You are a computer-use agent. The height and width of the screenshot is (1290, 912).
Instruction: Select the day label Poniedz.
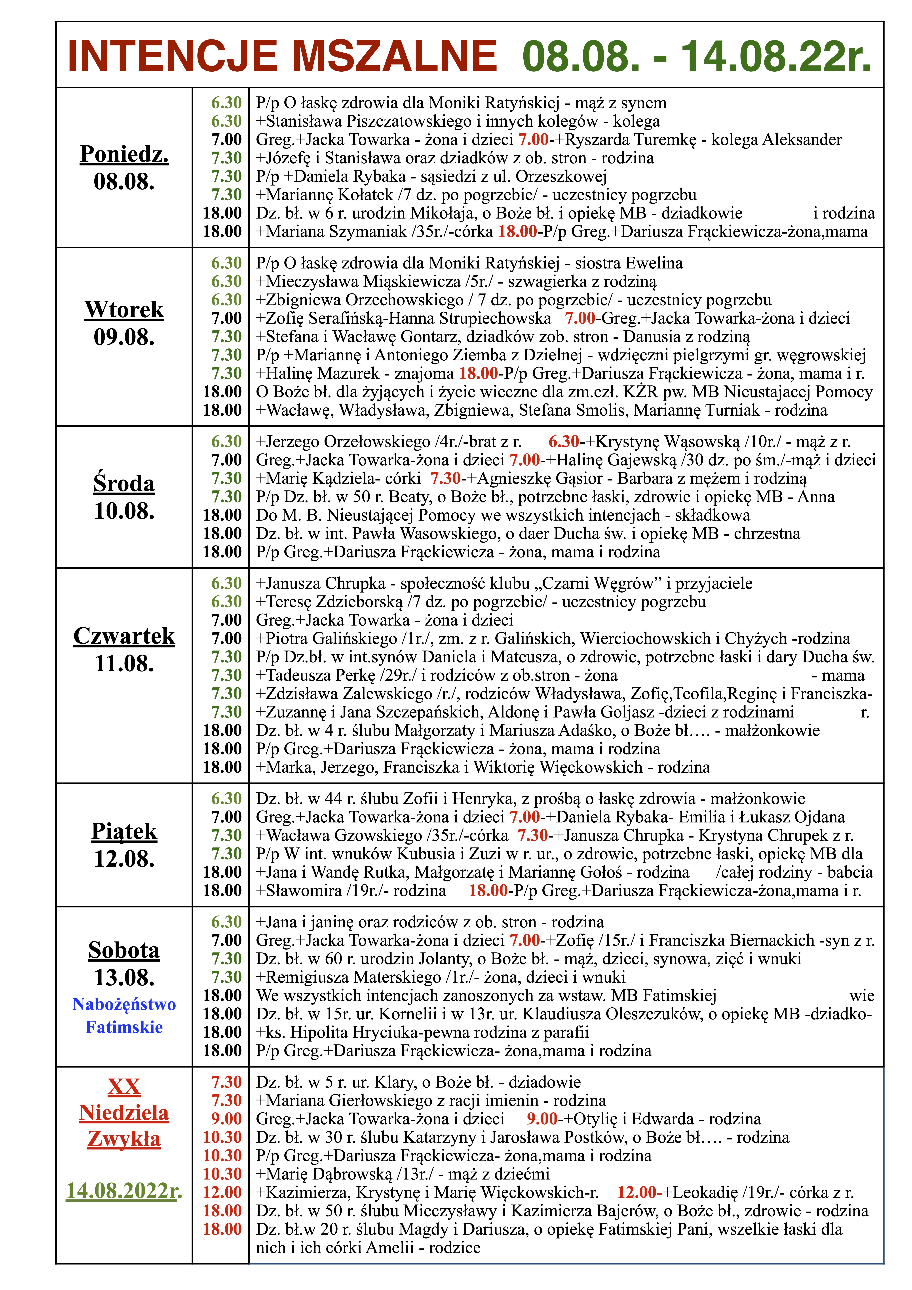coord(124,153)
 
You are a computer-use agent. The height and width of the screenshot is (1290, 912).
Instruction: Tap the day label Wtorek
coord(124,310)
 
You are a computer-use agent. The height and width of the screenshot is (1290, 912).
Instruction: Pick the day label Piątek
coord(124,831)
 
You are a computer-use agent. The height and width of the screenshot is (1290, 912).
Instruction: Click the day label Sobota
coord(124,950)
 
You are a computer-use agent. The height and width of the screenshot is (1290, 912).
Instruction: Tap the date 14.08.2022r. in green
coord(124,1191)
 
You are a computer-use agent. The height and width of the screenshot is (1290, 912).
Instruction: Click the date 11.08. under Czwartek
coord(124,664)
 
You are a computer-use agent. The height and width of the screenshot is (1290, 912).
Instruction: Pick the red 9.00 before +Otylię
coord(542,1119)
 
